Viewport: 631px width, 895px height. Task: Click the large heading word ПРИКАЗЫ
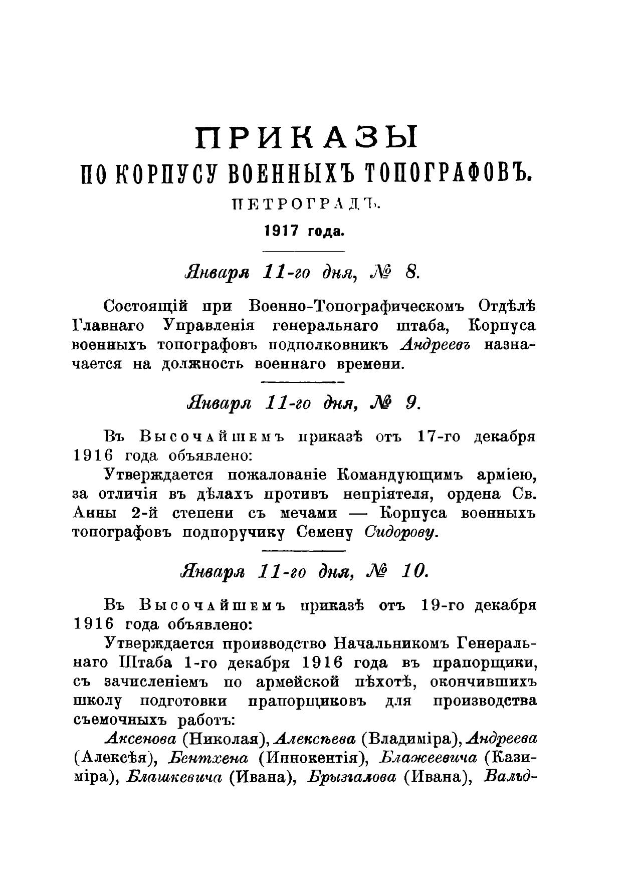pyautogui.click(x=306, y=139)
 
